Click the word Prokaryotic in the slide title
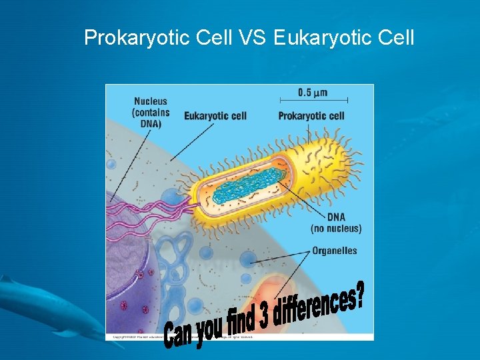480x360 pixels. (x=139, y=38)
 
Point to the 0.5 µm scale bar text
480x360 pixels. (x=313, y=92)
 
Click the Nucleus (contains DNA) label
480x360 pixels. (x=151, y=113)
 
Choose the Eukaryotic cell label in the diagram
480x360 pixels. (x=215, y=116)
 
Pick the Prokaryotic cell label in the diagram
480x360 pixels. (x=311, y=116)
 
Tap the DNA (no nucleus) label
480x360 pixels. (x=336, y=223)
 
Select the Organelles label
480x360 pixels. (x=334, y=251)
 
